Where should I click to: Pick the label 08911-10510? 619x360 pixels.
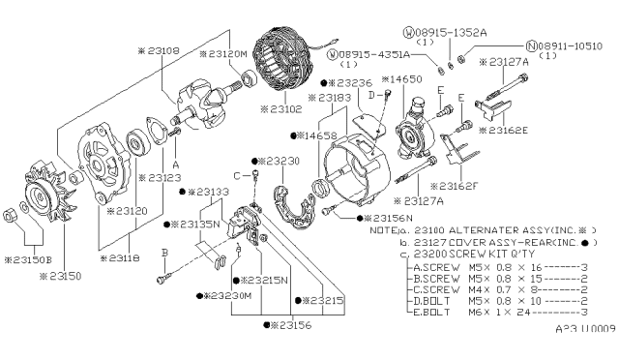[569, 45]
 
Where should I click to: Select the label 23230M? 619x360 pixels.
[221, 296]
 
